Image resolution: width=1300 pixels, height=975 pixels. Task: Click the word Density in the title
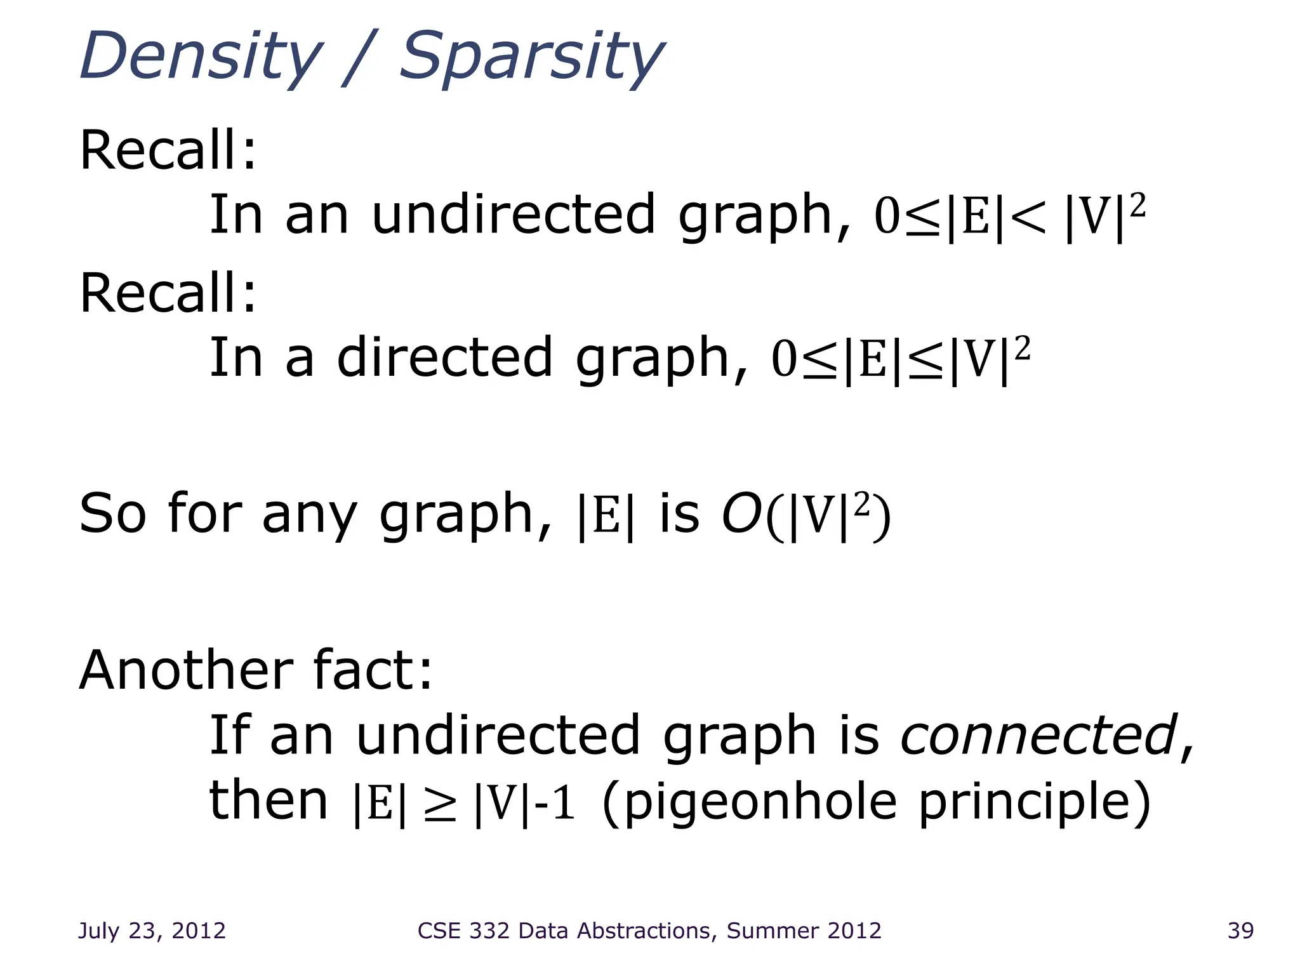(201, 57)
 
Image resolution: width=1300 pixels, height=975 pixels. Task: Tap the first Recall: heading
(168, 150)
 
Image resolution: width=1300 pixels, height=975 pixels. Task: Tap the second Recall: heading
(168, 293)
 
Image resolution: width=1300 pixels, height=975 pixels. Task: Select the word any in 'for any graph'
(309, 515)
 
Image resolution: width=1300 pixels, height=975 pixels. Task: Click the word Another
(185, 671)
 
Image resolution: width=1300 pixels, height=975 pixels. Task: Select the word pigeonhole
(749, 802)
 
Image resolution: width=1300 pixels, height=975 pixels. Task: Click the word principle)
(1035, 802)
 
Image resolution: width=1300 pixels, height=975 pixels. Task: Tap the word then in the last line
(268, 800)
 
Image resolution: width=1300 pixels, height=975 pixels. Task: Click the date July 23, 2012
(152, 931)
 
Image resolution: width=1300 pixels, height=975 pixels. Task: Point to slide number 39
(1240, 931)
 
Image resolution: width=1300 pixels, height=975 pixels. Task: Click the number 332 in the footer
(489, 931)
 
